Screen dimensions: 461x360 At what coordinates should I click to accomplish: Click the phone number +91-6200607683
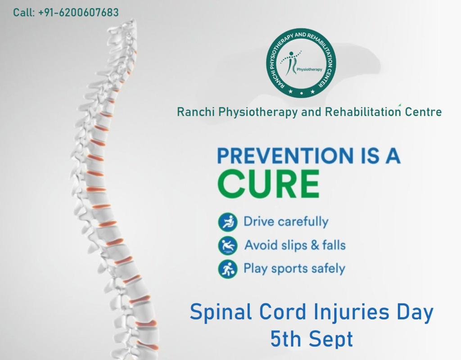78,13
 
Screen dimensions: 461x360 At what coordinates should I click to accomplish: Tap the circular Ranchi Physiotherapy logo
301,63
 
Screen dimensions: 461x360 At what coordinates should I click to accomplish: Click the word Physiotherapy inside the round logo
309,70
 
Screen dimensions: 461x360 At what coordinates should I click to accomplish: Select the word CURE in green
268,184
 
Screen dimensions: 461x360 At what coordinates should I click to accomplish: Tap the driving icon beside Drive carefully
227,222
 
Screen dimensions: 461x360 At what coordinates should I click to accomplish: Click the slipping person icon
227,245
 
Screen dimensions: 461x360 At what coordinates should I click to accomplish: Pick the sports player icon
227,269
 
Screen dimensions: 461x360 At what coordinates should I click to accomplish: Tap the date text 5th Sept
312,339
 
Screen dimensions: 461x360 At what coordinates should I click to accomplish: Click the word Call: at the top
24,13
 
